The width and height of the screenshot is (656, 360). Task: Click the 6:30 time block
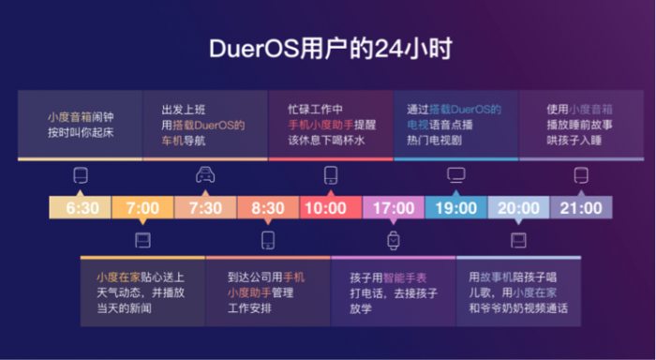[x=81, y=207]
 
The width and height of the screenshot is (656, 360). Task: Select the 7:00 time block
[x=142, y=207]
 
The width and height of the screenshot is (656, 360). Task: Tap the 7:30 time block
[x=205, y=207]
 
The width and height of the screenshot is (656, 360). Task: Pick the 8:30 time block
[x=268, y=207]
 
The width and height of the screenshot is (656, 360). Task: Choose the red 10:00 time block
[x=331, y=207]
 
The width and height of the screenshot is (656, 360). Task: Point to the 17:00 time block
[x=394, y=207]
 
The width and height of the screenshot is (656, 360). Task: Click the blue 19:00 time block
[x=456, y=207]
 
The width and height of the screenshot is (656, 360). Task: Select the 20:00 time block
[x=518, y=207]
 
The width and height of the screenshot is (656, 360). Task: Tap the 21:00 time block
[x=581, y=207]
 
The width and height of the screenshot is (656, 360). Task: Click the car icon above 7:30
[x=205, y=175]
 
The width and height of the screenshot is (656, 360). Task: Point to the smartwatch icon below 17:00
[x=393, y=240]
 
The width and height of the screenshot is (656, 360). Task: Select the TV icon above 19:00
[x=456, y=175]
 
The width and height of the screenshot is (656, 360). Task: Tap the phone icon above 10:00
[x=331, y=175]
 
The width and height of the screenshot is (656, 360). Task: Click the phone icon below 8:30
[x=268, y=240]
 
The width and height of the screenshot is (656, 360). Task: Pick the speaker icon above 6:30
[x=81, y=175]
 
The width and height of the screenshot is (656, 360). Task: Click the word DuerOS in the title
[x=254, y=50]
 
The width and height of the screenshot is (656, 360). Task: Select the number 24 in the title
[x=388, y=50]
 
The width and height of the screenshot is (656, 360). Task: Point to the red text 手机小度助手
[x=321, y=125]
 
